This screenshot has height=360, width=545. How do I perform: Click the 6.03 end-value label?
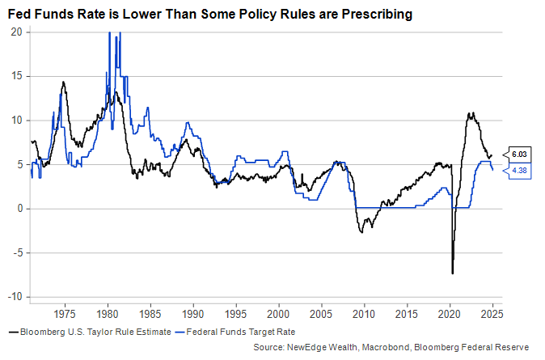coord(518,154)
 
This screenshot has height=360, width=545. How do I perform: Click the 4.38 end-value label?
coord(518,169)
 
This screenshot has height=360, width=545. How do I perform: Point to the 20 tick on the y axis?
coord(15,32)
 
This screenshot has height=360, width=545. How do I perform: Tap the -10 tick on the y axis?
coord(14,297)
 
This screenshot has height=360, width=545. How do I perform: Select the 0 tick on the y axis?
coord(19,209)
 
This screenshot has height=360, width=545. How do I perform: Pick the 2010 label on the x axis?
coord(364,312)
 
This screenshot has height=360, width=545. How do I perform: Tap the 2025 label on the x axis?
coord(492,312)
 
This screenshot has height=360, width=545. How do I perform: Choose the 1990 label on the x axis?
coord(193,312)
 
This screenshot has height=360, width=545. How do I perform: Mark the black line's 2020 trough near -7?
coord(453,273)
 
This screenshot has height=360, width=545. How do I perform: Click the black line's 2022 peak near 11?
coord(471,113)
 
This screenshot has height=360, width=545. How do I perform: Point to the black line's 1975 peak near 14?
coord(63,82)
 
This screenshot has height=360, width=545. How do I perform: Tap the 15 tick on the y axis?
coord(15,76)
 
